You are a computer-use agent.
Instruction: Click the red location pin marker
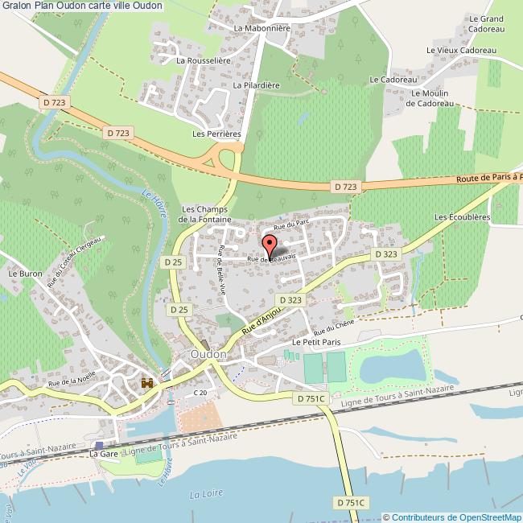pos(270,243)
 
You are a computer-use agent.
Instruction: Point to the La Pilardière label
pos(254,84)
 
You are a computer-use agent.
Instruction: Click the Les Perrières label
pos(216,133)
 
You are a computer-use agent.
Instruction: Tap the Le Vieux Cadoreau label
pos(461,50)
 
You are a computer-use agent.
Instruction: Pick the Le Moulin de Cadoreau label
pos(430,98)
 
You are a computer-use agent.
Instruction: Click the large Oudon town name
pos(208,353)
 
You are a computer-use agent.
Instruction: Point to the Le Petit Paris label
pos(317,342)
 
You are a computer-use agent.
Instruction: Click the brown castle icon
pos(147,385)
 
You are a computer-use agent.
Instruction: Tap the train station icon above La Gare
pos(99,445)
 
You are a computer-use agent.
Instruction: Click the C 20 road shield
pos(200,392)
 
